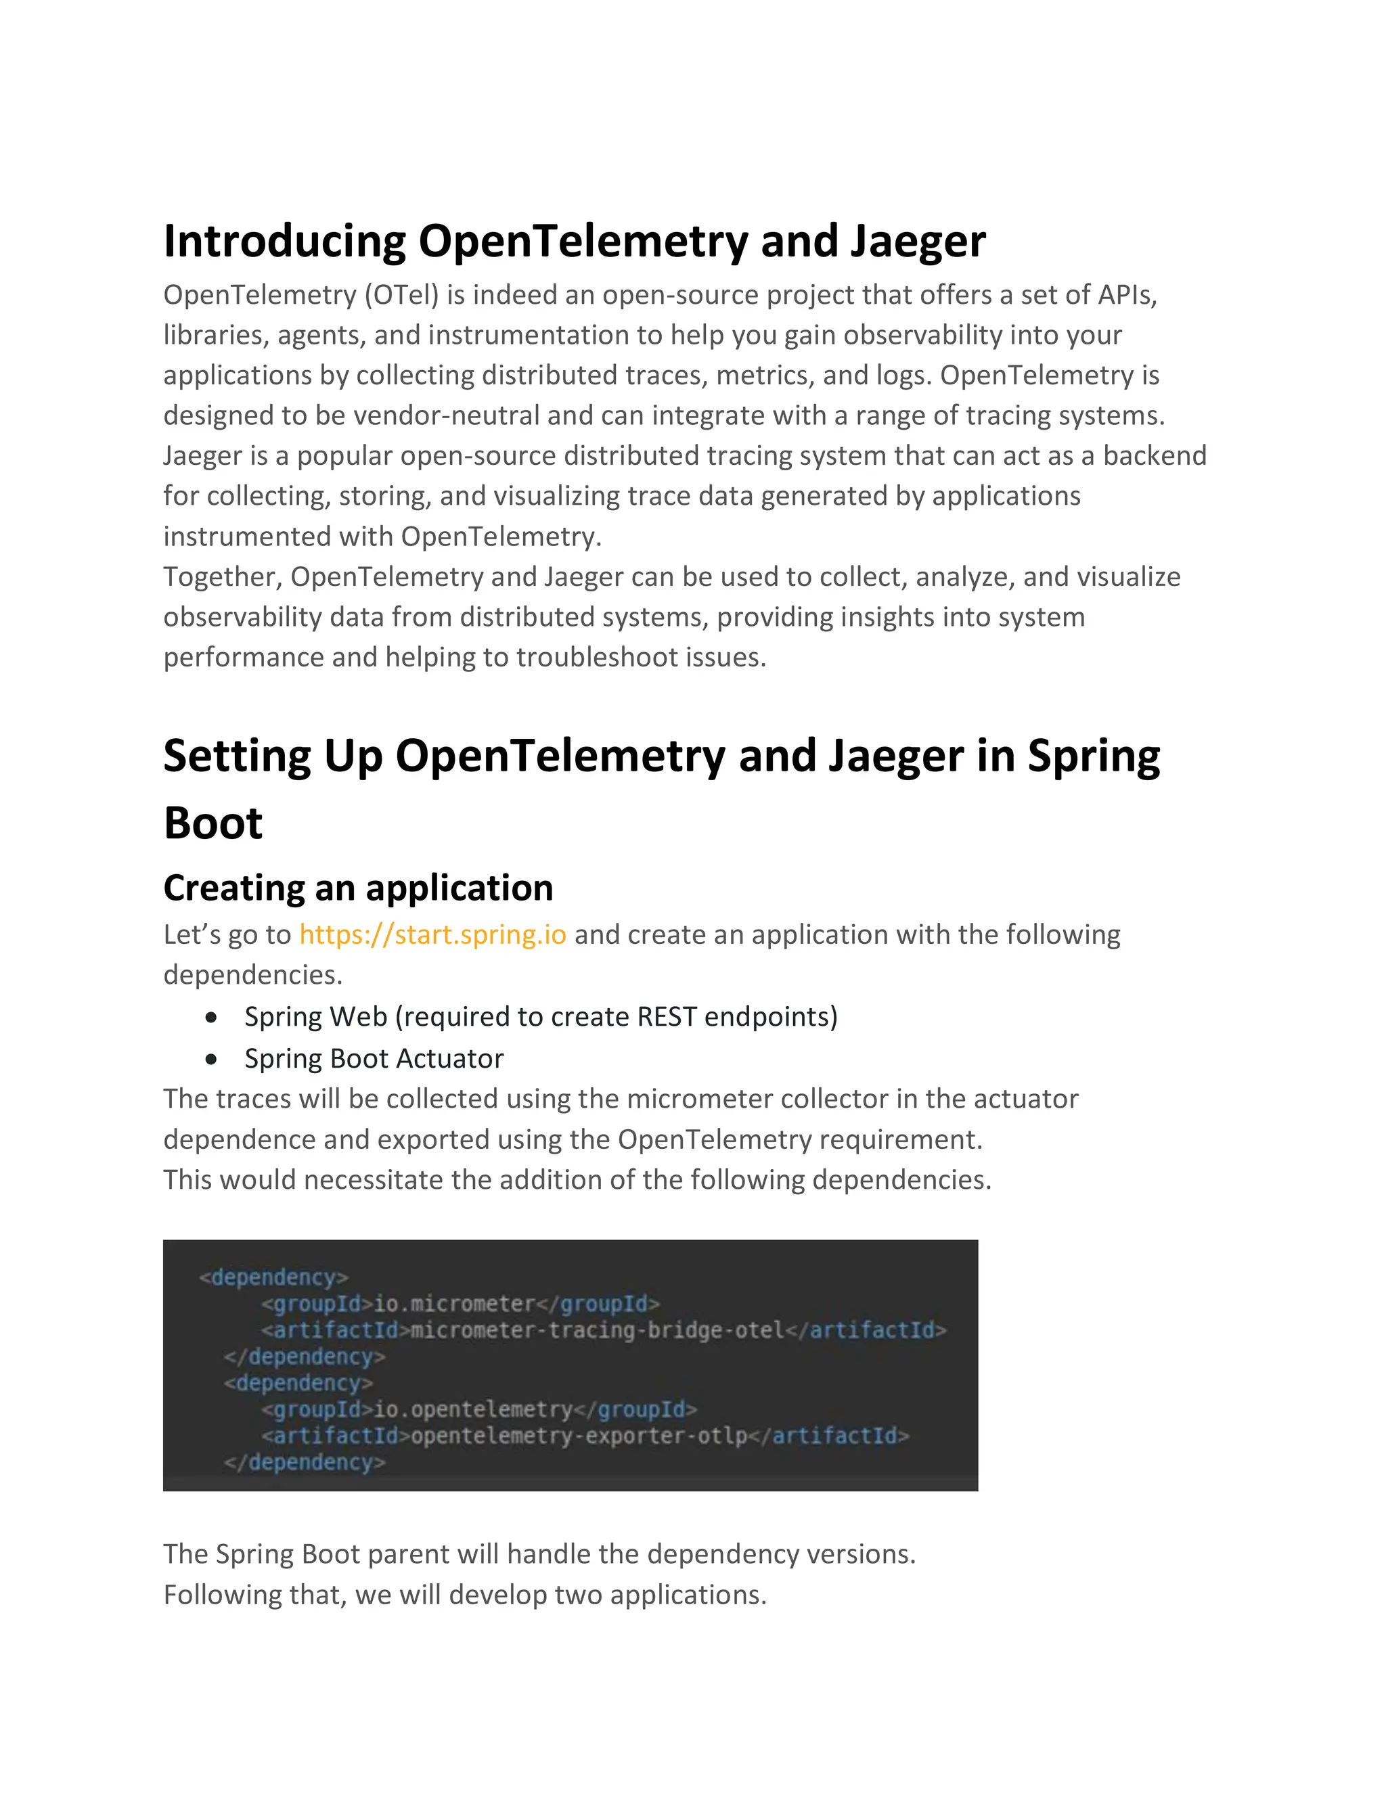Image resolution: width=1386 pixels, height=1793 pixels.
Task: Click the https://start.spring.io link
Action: point(432,934)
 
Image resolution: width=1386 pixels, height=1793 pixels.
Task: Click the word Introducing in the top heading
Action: point(284,242)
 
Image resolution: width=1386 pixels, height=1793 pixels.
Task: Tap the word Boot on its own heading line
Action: point(213,823)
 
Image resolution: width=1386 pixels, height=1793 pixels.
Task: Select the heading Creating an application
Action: point(358,888)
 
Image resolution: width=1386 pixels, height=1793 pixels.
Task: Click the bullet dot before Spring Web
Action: point(212,1017)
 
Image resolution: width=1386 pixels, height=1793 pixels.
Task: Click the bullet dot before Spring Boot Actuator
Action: point(212,1059)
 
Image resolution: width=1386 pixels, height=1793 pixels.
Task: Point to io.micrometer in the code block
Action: point(454,1304)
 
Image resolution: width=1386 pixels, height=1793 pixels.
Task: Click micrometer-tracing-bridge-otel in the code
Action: point(597,1330)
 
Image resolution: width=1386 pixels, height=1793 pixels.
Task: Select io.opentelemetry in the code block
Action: point(472,1409)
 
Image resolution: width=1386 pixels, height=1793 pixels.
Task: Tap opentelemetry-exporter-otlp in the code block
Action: point(579,1436)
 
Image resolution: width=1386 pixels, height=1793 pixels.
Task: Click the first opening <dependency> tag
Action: point(273,1277)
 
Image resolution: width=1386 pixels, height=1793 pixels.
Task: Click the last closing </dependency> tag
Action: point(304,1462)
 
